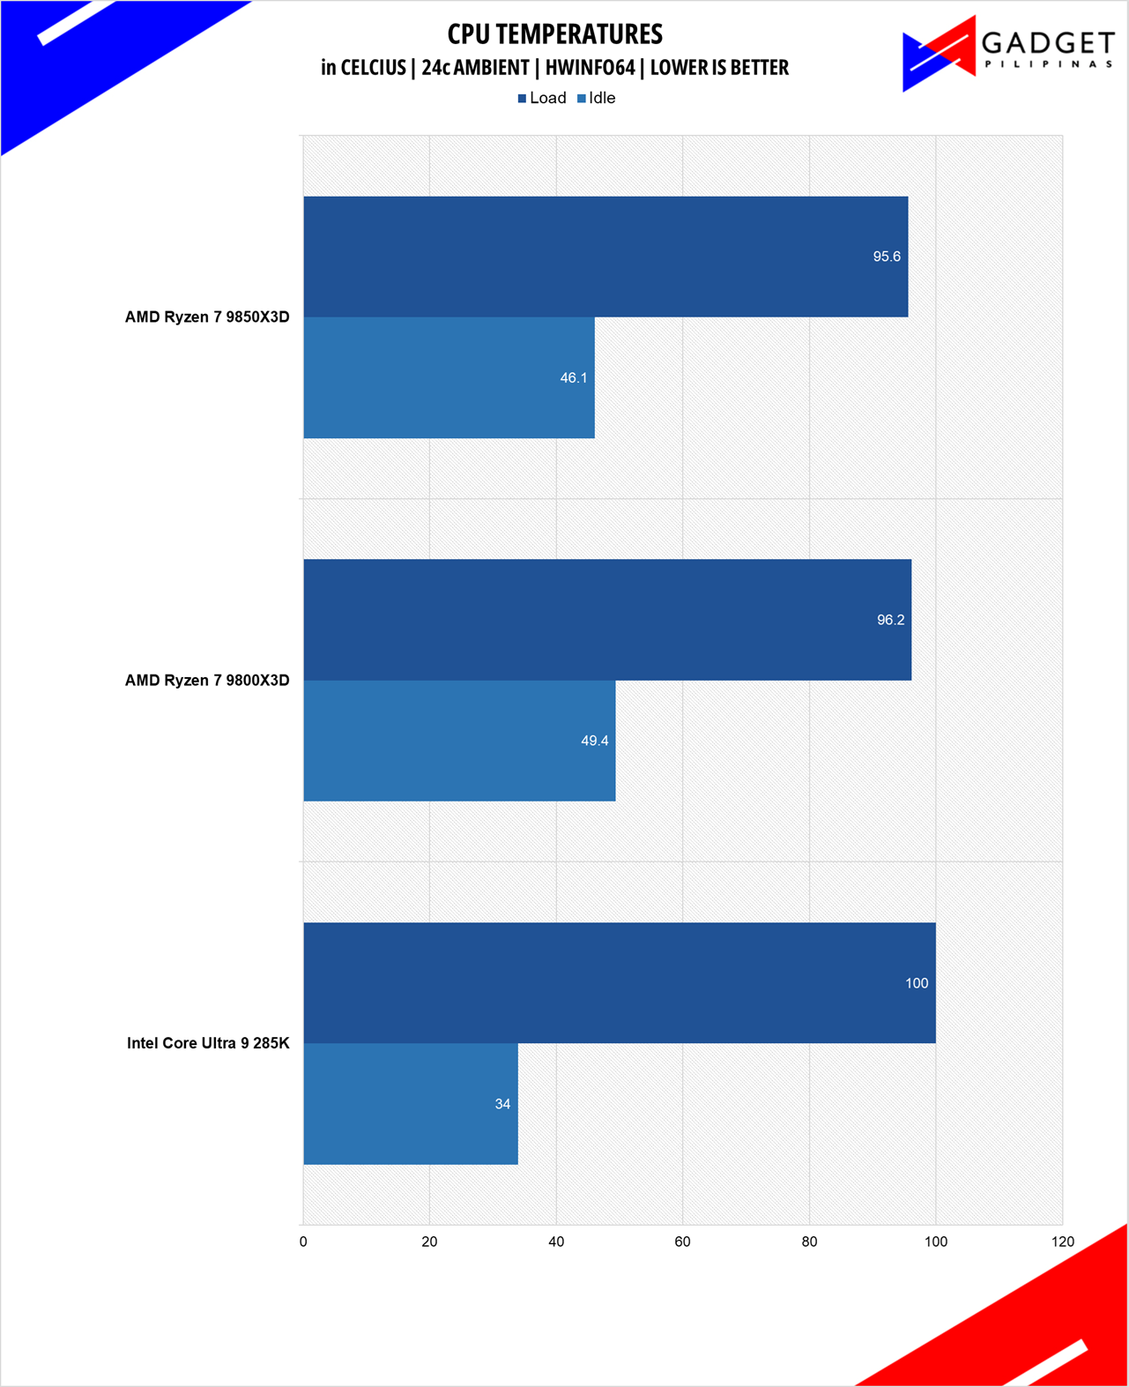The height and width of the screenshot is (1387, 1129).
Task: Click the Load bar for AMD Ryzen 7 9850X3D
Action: pos(605,257)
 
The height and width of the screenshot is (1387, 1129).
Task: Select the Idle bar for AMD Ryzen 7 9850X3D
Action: pos(449,377)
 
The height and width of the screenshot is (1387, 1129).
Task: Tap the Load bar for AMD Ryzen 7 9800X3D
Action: pos(607,620)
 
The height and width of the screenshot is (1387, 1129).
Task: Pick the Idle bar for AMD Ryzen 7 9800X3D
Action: pos(459,741)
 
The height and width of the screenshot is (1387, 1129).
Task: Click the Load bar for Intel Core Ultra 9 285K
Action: pos(620,983)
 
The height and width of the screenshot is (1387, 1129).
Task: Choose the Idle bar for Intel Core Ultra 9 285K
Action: pos(411,1104)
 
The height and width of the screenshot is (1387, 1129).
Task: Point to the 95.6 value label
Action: pos(887,257)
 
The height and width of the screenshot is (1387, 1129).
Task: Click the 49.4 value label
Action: pos(595,741)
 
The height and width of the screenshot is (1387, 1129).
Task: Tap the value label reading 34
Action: pos(502,1104)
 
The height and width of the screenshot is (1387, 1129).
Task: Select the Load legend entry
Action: pos(542,98)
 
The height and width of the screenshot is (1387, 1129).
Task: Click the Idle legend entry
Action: pos(597,98)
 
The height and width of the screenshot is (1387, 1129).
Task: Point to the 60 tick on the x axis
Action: pos(682,1242)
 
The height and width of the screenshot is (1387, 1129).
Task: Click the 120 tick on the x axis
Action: pos(1063,1242)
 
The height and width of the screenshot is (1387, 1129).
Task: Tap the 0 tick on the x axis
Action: pos(303,1242)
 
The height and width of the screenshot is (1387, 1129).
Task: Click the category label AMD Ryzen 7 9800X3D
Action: pos(207,680)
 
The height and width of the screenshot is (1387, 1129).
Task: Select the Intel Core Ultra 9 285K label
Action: pos(208,1043)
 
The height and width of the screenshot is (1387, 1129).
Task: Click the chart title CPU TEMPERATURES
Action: pos(554,34)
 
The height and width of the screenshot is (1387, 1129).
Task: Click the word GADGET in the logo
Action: pos(1048,42)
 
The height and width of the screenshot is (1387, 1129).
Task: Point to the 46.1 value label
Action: pos(574,377)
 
